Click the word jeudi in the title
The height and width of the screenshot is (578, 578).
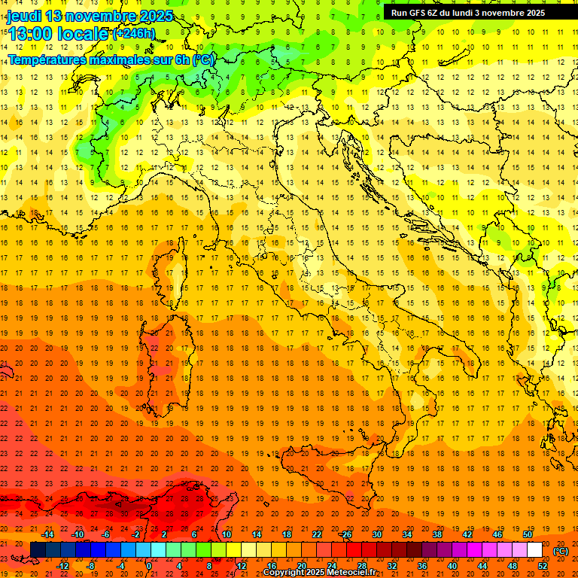pos(24,16)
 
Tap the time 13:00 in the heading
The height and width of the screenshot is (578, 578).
pos(32,33)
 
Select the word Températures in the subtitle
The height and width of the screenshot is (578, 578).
pos(47,59)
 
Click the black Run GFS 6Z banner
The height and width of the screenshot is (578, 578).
pos(473,12)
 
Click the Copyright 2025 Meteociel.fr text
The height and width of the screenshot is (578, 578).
pos(324,573)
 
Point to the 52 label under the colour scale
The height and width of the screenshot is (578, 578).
pos(543,566)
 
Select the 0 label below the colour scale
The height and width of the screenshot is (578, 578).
pos(149,566)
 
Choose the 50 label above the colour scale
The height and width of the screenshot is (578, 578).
pos(528,534)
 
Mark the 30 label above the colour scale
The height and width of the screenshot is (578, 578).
pos(376,534)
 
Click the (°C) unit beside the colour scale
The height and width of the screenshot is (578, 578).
pos(561,550)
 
